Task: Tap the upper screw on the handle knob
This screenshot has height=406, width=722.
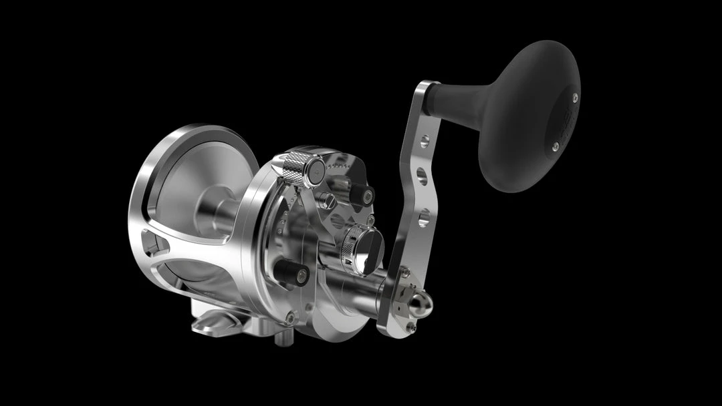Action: (x=575, y=97)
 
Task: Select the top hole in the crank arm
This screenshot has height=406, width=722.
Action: (x=425, y=142)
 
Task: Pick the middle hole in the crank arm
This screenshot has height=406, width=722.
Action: (x=422, y=176)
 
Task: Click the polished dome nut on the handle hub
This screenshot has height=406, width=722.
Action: (x=421, y=304)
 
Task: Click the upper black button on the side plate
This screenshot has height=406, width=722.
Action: (x=362, y=194)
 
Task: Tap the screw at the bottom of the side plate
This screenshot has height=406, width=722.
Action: (x=290, y=317)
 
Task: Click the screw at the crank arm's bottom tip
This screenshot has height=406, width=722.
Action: (x=410, y=328)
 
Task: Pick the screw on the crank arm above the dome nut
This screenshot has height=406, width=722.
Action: (x=404, y=272)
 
